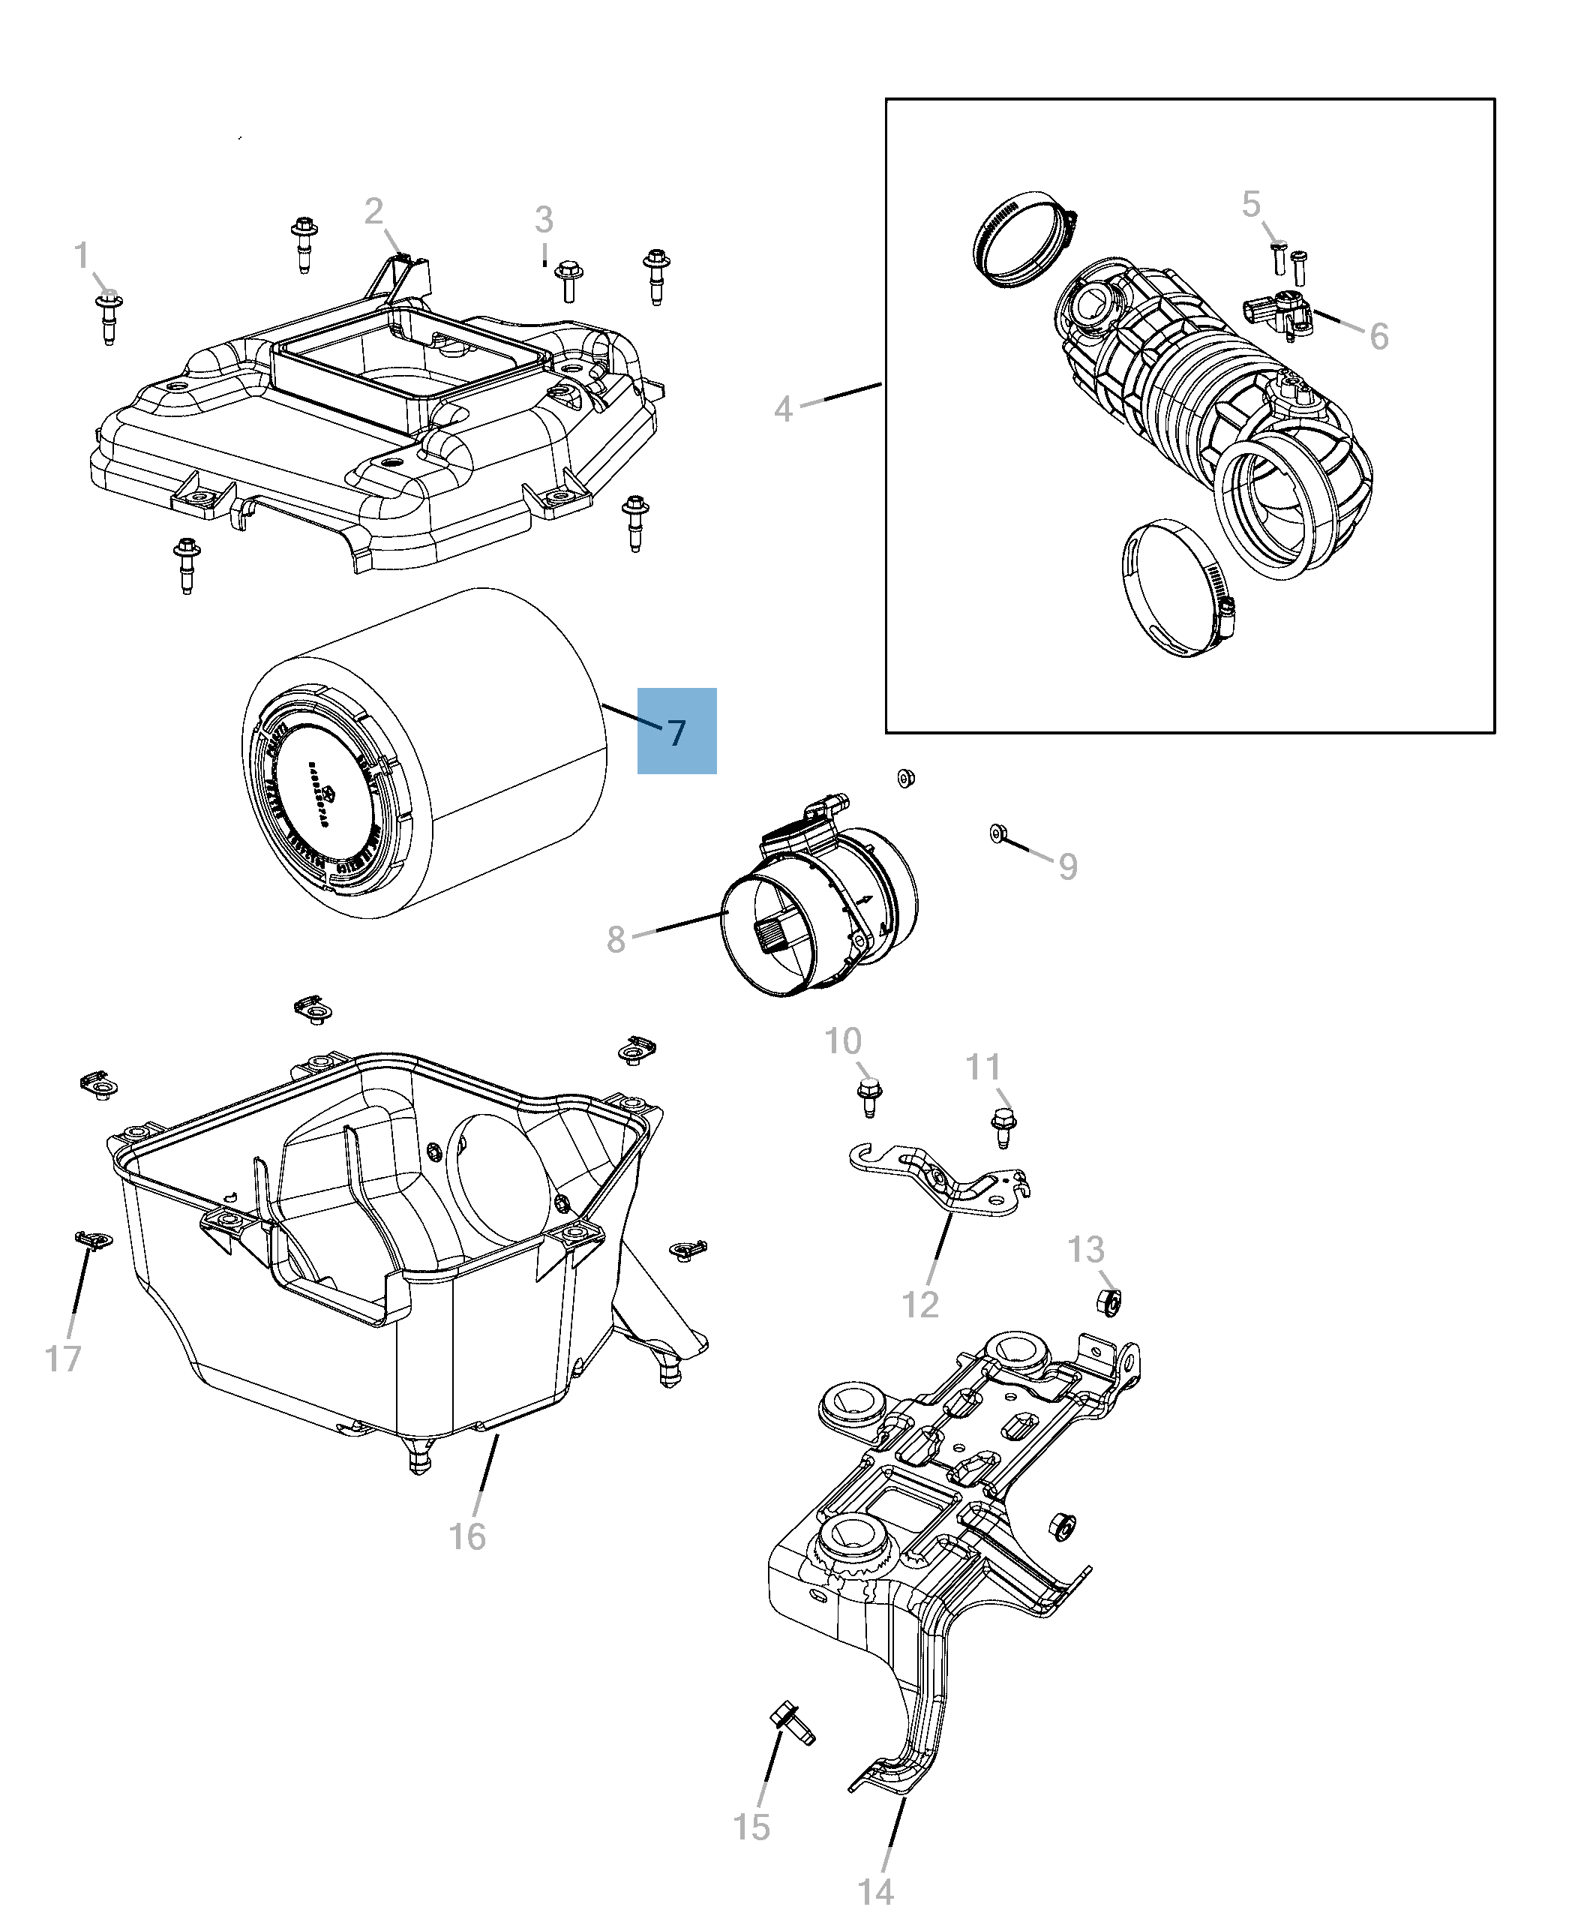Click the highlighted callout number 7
coord(676,731)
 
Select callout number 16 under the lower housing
coord(467,1536)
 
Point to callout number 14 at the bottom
coord(875,1891)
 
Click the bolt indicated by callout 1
coord(109,317)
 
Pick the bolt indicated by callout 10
coord(869,1098)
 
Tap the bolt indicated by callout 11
coord(1003,1128)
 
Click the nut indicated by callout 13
coord(1108,1303)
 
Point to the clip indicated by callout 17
coord(92,1241)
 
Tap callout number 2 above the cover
coord(373,212)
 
